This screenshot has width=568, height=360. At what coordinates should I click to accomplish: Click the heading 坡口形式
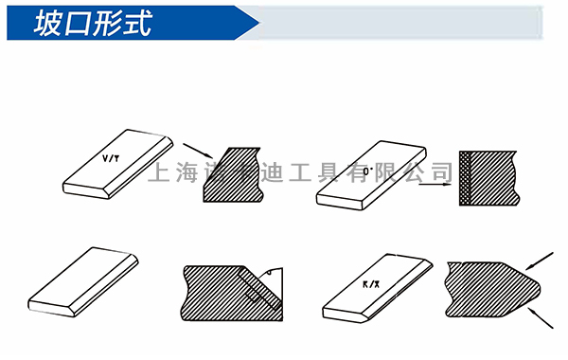[91, 24]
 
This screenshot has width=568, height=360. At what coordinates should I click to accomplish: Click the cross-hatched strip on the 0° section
[466, 181]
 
